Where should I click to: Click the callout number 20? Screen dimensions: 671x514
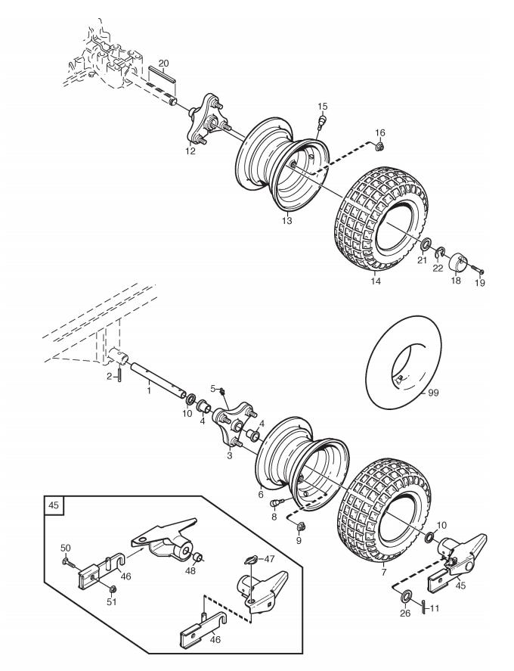163,64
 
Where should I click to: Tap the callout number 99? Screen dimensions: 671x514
433,393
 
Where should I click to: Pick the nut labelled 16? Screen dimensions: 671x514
379,145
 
